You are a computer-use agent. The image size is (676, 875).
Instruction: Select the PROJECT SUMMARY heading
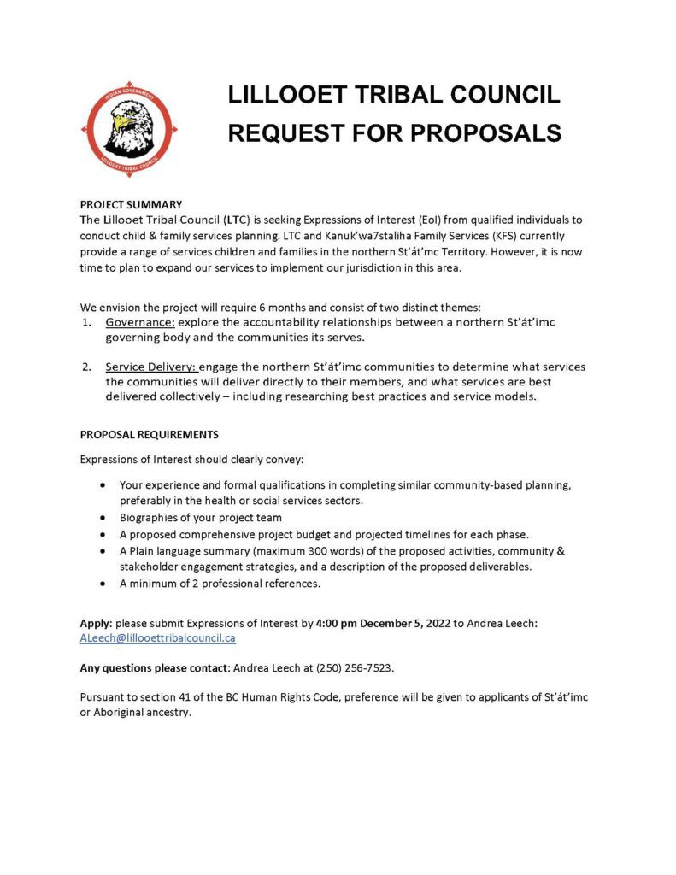click(x=131, y=205)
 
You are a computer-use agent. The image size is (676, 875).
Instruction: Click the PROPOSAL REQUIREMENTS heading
click(x=150, y=435)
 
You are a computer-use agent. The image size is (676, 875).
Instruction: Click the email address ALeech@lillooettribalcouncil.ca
click(x=158, y=638)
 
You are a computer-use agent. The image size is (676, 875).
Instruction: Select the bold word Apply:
click(x=96, y=624)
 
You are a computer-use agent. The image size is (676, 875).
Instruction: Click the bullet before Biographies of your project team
click(x=103, y=518)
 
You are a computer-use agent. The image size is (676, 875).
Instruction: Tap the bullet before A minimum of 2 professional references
click(x=103, y=584)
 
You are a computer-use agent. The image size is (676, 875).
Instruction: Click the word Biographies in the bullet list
click(x=148, y=518)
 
